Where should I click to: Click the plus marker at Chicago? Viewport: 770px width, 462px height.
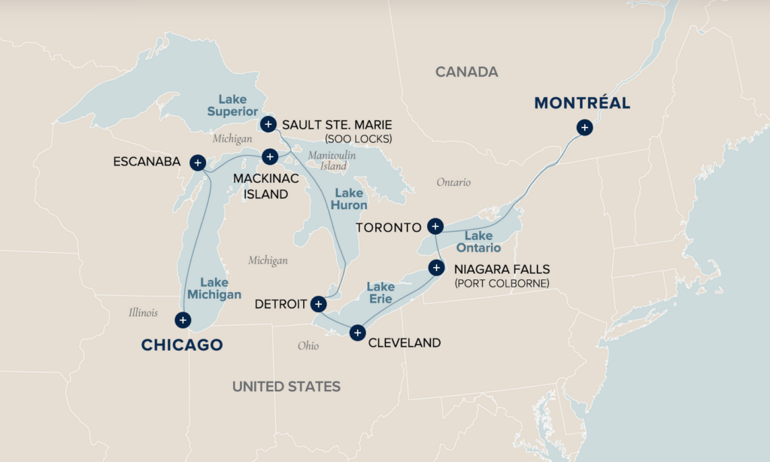click(x=182, y=320)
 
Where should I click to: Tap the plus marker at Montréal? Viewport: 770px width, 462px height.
click(x=584, y=128)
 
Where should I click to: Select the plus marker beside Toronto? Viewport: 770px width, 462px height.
click(x=435, y=226)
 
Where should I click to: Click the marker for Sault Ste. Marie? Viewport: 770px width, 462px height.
click(x=268, y=124)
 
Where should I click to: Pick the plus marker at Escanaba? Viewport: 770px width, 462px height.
click(x=197, y=162)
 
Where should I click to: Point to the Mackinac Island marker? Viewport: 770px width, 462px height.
click(x=270, y=156)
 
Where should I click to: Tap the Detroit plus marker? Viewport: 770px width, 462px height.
click(x=318, y=304)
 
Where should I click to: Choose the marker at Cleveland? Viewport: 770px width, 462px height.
click(x=358, y=333)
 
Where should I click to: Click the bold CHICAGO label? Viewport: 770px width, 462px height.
click(x=182, y=345)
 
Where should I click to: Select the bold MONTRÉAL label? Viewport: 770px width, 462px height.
click(x=582, y=103)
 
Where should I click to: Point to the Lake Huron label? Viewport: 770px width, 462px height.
click(x=351, y=199)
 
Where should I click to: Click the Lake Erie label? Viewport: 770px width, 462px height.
click(x=380, y=293)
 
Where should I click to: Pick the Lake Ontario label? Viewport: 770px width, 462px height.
click(x=478, y=242)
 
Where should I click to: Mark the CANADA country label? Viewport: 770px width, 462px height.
click(x=466, y=72)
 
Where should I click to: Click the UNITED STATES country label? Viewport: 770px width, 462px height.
click(x=286, y=387)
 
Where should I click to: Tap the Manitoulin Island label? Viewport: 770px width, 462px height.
click(x=331, y=160)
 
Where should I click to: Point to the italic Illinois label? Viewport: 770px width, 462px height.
click(x=143, y=312)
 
